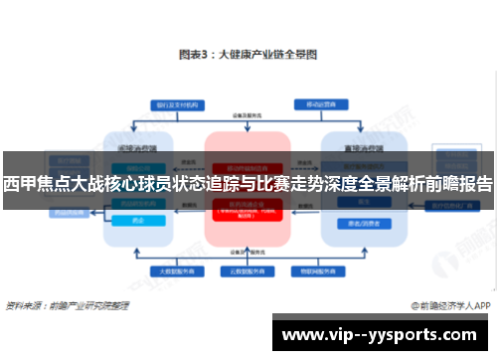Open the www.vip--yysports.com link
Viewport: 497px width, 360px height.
click(384, 335)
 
